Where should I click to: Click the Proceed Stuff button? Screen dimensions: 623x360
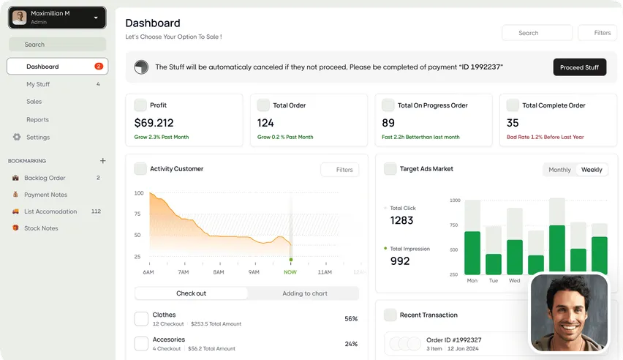click(x=580, y=67)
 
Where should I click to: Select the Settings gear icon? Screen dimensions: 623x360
click(x=17, y=137)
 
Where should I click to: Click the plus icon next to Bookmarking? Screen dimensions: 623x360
click(x=102, y=161)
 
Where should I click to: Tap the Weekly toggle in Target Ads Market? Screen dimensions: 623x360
click(x=592, y=170)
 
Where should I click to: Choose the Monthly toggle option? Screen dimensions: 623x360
click(x=559, y=170)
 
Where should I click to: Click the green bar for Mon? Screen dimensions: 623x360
click(x=472, y=253)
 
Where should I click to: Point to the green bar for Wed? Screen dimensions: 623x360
click(x=515, y=257)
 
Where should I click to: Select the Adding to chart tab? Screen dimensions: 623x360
click(x=305, y=293)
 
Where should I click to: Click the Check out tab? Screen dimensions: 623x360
click(x=191, y=293)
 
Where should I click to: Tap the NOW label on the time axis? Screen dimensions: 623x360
click(x=290, y=272)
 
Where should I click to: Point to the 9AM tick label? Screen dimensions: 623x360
click(x=254, y=272)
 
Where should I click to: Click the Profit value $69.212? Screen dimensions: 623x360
click(x=154, y=123)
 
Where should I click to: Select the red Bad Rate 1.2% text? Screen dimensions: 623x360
click(x=545, y=137)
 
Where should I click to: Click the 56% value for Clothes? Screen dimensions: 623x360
click(x=351, y=318)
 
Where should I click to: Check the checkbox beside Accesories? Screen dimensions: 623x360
click(x=141, y=343)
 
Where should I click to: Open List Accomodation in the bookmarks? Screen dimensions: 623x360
click(x=50, y=211)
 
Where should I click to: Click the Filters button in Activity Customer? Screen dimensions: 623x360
click(x=340, y=170)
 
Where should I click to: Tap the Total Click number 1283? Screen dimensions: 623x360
click(x=401, y=220)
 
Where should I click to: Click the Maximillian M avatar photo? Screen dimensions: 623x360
click(x=20, y=18)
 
